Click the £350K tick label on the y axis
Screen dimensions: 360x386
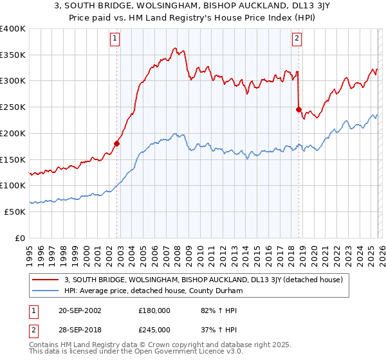click(x=13, y=55)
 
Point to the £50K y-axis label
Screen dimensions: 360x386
click(x=15, y=212)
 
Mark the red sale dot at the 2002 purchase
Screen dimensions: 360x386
click(x=116, y=143)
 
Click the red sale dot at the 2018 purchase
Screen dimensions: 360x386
click(x=299, y=109)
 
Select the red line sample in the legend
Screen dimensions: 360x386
click(x=46, y=280)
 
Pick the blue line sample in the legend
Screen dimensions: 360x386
click(x=46, y=291)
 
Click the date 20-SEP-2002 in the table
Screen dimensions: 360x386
click(x=79, y=310)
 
